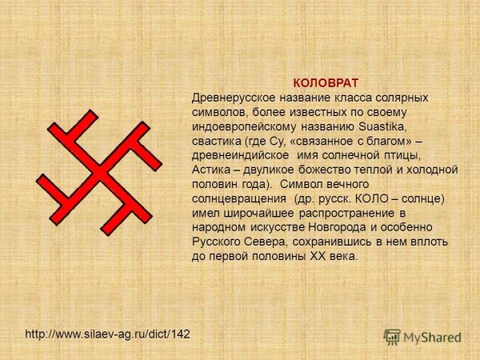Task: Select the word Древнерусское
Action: coord(233,98)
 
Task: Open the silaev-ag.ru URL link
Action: coord(107,332)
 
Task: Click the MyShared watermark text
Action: coord(432,338)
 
